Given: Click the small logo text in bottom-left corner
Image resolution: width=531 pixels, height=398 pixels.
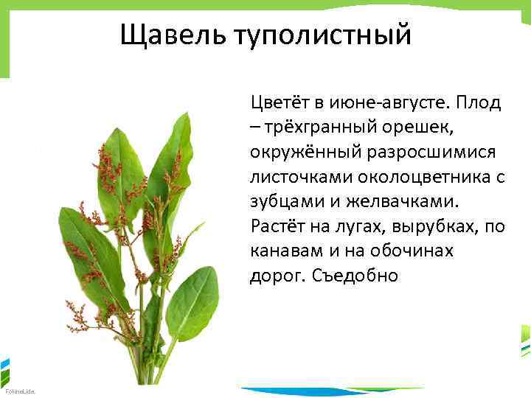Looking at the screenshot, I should pos(14,391).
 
